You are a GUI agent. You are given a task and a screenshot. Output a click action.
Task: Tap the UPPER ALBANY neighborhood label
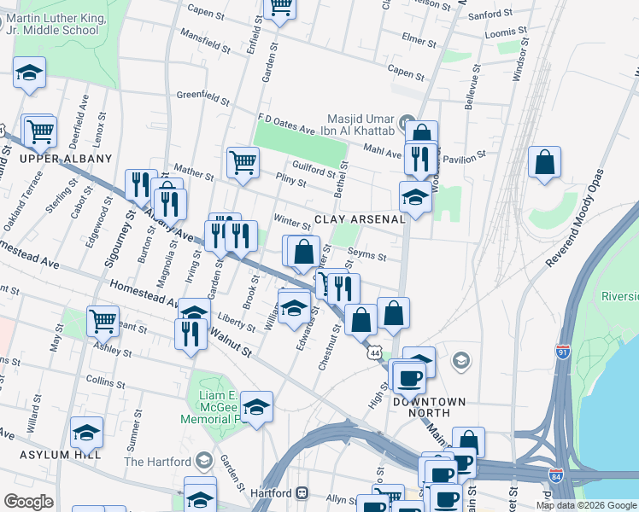66,159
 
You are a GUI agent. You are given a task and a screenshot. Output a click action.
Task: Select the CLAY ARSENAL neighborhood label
359,219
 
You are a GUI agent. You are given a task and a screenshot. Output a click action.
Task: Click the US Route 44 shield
374,352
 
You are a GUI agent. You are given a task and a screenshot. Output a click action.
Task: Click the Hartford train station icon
302,493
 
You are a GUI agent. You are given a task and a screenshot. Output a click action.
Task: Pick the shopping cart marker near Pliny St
243,161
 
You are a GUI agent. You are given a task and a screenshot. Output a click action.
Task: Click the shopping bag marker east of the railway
544,162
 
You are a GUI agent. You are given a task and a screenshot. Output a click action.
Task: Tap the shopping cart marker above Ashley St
103,321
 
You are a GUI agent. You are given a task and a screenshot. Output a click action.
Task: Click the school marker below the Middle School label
29,73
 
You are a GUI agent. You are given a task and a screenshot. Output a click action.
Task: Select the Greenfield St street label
203,95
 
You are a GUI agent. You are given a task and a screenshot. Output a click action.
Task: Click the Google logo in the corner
28,502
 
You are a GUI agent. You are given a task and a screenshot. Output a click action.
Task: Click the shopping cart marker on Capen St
279,7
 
